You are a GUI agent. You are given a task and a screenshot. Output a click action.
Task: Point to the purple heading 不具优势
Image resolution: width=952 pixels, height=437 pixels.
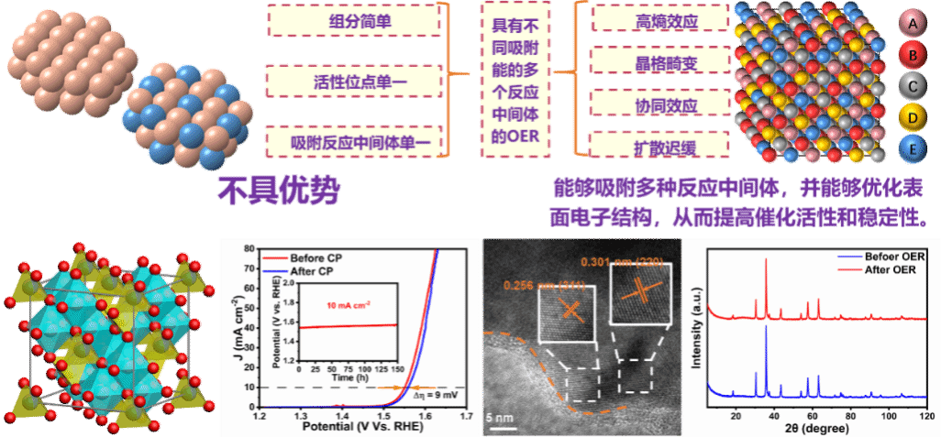point(279,191)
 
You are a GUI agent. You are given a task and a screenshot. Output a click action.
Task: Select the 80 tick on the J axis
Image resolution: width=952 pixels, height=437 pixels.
point(249,248)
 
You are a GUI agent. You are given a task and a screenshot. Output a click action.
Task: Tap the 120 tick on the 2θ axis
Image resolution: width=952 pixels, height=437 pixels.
point(926,417)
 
